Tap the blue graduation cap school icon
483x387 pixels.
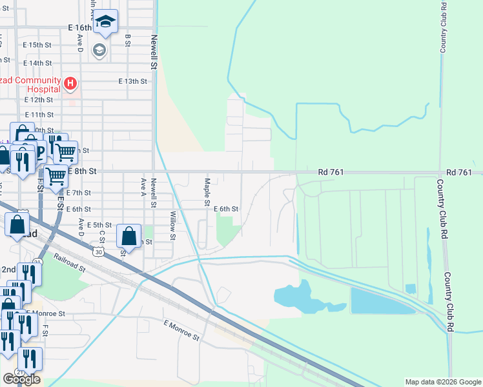[x=105, y=23]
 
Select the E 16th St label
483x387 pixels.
[x=81, y=28]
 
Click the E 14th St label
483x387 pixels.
[x=37, y=63]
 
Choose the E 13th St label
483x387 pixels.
[x=133, y=81]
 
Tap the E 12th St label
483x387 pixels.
[x=38, y=100]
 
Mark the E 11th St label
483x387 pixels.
[x=38, y=114]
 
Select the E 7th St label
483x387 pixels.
[x=78, y=193]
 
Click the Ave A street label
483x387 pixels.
[x=143, y=186]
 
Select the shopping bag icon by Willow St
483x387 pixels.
[x=129, y=236]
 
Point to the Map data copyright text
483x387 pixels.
[x=443, y=382]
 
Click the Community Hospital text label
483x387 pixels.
[x=30, y=84]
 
